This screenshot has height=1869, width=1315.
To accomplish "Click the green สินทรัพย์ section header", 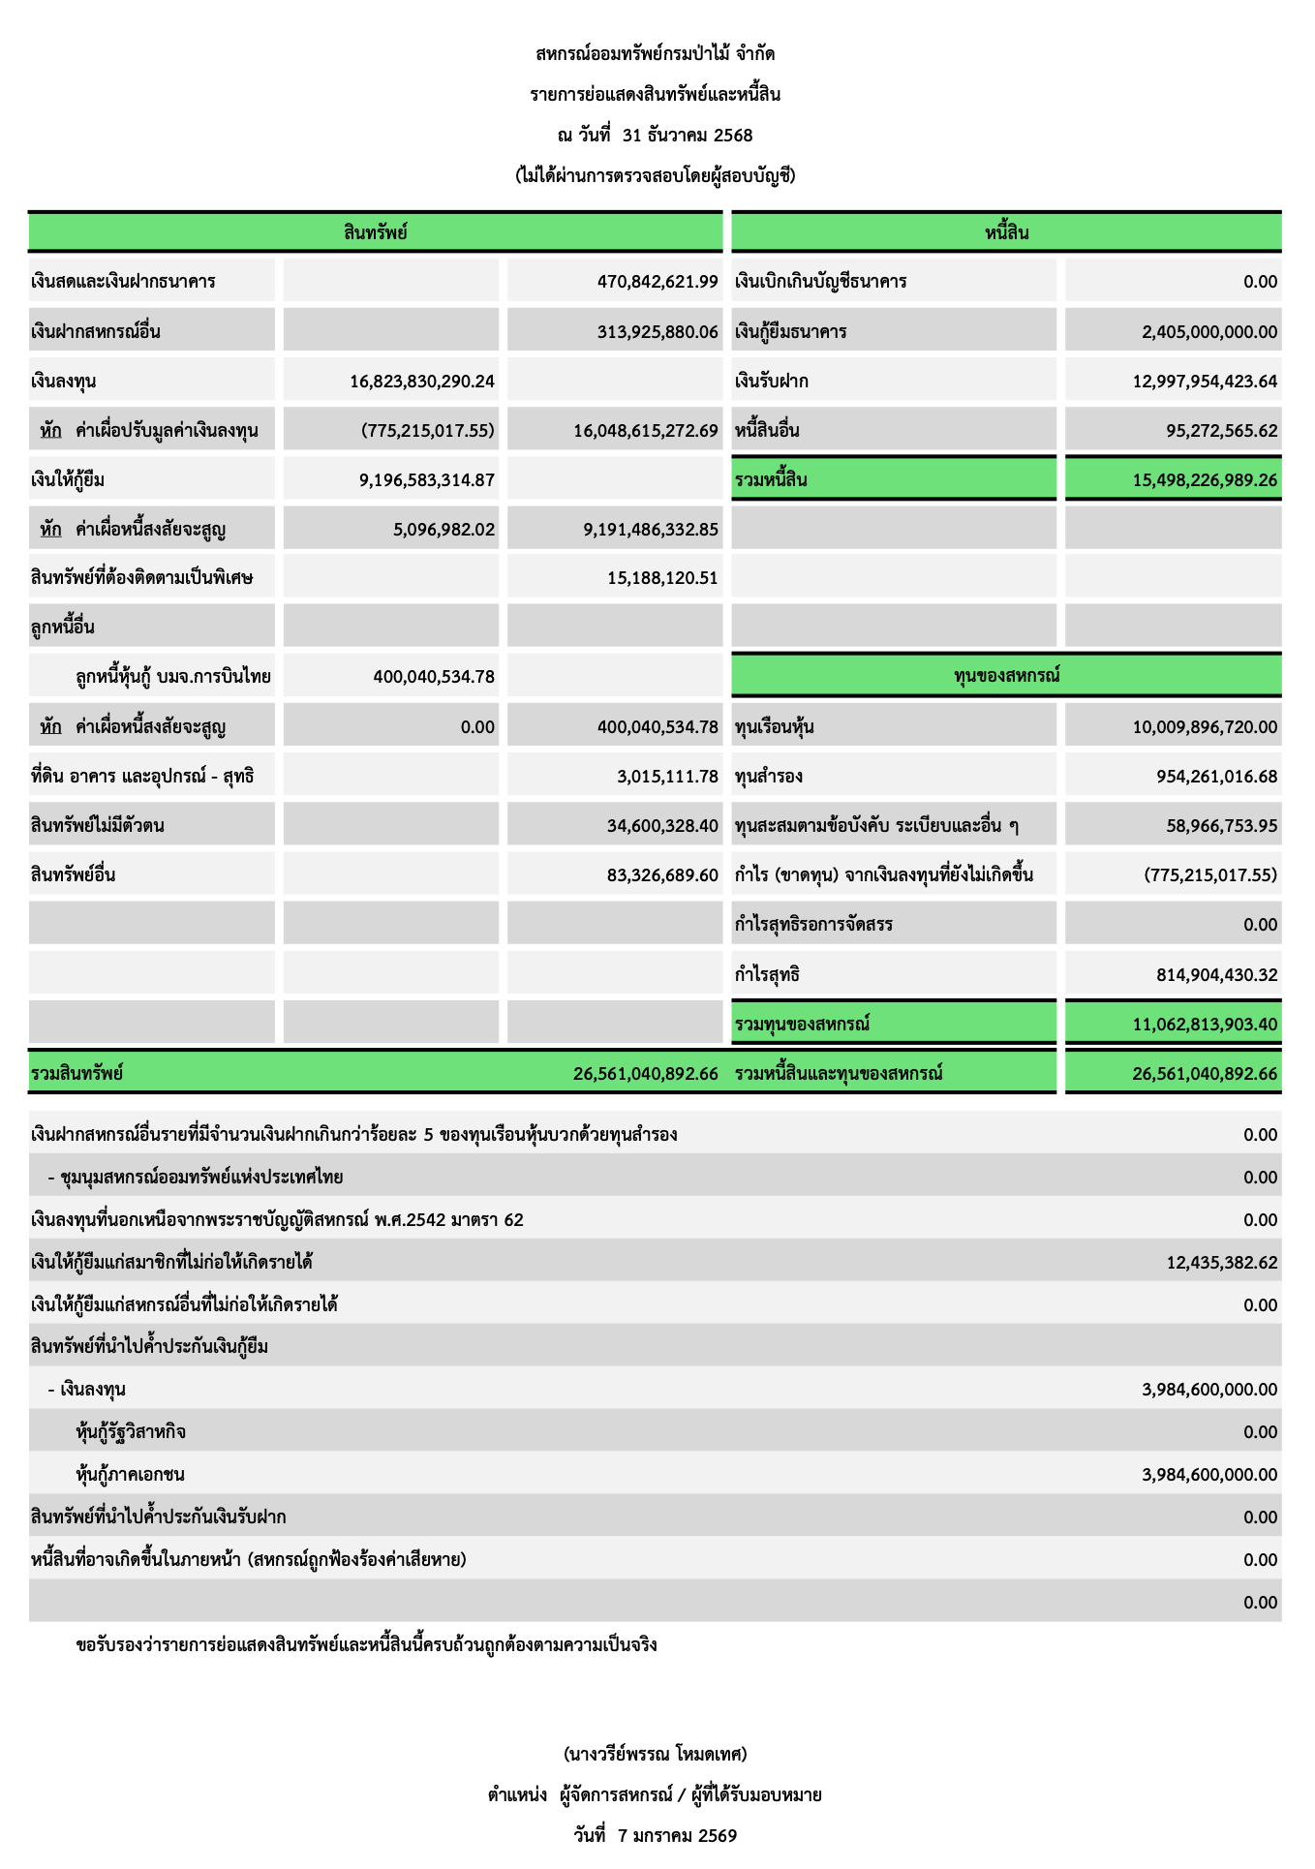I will tap(375, 232).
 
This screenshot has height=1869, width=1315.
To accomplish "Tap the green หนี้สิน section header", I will tap(1006, 232).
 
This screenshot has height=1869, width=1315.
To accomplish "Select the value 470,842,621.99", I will tap(657, 282).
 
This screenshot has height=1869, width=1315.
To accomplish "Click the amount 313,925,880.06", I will tap(657, 332).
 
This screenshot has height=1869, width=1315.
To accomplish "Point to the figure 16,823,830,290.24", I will tap(422, 382).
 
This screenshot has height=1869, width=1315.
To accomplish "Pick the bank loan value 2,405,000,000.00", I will tap(1209, 332).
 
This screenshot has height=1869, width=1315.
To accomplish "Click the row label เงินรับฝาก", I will tap(772, 382).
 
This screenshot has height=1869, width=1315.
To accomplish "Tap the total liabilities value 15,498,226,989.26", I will tap(1205, 480).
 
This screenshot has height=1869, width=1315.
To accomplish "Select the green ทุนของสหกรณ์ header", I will tap(1006, 675).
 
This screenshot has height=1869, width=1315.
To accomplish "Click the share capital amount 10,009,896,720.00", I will tap(1205, 727).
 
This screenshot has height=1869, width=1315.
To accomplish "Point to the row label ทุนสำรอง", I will tap(769, 777).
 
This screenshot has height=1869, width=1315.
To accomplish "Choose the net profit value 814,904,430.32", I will tap(1216, 975).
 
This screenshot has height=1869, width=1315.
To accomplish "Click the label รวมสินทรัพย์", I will tap(77, 1074).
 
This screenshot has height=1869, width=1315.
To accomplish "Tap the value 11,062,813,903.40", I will tap(1205, 1025).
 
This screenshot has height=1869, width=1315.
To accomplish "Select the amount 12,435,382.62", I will tap(1221, 1263).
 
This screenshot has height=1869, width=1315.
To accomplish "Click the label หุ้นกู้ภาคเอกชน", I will tap(130, 1475).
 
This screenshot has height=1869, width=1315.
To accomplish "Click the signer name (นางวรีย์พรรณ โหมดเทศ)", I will tap(655, 1754).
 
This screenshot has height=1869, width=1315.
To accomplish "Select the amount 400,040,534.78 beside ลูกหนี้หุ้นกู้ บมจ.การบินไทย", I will tap(434, 677).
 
